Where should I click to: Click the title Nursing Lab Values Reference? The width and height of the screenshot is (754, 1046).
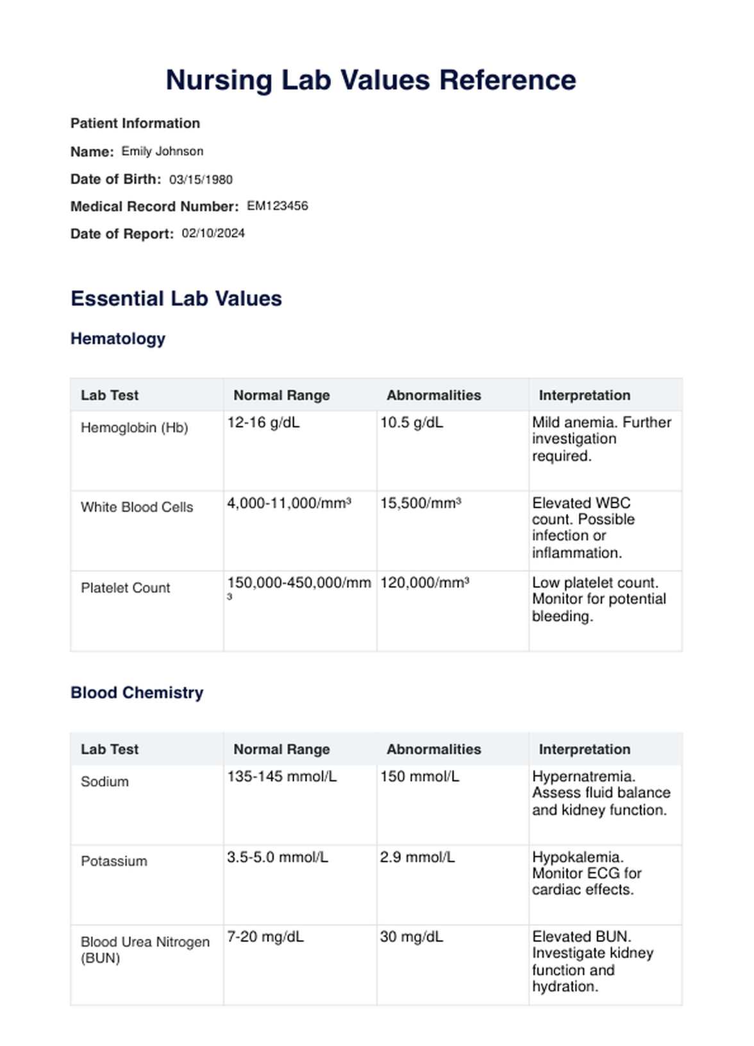coord(371,80)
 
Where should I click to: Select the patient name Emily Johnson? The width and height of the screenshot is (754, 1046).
coord(162,151)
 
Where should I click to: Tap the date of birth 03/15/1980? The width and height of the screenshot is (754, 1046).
coord(201,180)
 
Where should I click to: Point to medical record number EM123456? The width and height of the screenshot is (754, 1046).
coord(277,206)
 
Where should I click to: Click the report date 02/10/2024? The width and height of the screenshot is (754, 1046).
coord(213,234)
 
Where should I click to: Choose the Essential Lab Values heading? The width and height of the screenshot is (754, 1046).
coord(176,298)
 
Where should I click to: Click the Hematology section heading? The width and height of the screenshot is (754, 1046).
coord(118,339)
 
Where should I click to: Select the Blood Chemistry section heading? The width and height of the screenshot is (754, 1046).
coord(137,693)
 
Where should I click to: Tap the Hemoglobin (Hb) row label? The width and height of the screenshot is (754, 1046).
coord(134,428)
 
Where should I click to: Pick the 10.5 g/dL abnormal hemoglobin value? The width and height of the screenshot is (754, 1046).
coord(411,423)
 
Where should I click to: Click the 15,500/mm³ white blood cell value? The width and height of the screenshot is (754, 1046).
coord(420,503)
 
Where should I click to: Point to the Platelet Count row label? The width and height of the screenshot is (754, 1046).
coord(125,588)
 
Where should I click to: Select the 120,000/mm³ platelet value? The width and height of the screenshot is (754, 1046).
coord(424,583)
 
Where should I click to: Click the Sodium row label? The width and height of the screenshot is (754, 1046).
coord(105,782)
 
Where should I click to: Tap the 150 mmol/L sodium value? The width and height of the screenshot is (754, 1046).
coord(419,776)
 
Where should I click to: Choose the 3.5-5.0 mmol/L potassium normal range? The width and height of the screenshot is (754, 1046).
coord(277,857)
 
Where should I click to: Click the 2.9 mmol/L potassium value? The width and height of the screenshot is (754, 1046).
coord(417,857)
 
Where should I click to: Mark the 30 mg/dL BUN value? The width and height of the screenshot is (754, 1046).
coord(411,937)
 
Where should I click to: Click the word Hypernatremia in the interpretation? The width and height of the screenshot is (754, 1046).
coord(583,776)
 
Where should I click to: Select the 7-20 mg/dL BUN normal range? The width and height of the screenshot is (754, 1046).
coord(265,937)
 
